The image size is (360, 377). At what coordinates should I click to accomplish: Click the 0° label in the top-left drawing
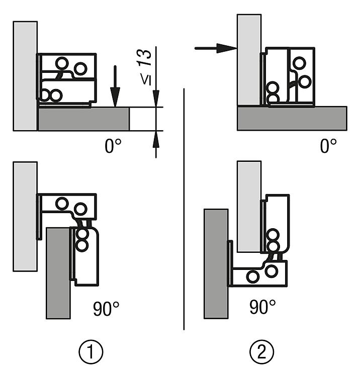pyautogui.click(x=113, y=147)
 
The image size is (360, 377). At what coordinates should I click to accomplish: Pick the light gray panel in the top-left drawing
pyautogui.click(x=25, y=75)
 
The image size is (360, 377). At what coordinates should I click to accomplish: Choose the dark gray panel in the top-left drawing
pyautogui.click(x=83, y=119)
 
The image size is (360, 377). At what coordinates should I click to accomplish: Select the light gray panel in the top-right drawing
pyautogui.click(x=249, y=58)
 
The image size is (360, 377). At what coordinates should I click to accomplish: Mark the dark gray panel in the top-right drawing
pyautogui.click(x=292, y=118)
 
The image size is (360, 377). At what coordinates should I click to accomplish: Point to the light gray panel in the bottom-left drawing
pyautogui.click(x=25, y=216)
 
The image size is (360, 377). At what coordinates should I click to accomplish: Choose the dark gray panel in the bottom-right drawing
pyautogui.click(x=216, y=264)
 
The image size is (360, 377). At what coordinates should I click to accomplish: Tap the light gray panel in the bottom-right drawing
pyautogui.click(x=248, y=206)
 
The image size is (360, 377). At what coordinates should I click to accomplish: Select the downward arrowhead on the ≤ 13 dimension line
pyautogui.click(x=156, y=99)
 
